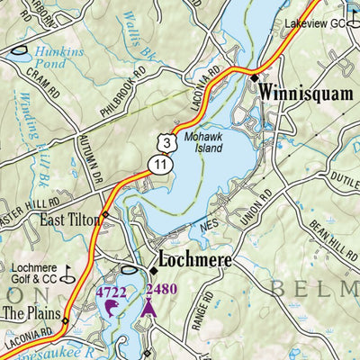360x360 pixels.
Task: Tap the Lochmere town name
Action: (x=194, y=261)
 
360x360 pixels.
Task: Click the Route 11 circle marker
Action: (x=159, y=163)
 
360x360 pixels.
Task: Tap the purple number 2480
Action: (x=161, y=289)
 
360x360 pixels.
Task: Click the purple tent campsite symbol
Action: (x=148, y=309)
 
